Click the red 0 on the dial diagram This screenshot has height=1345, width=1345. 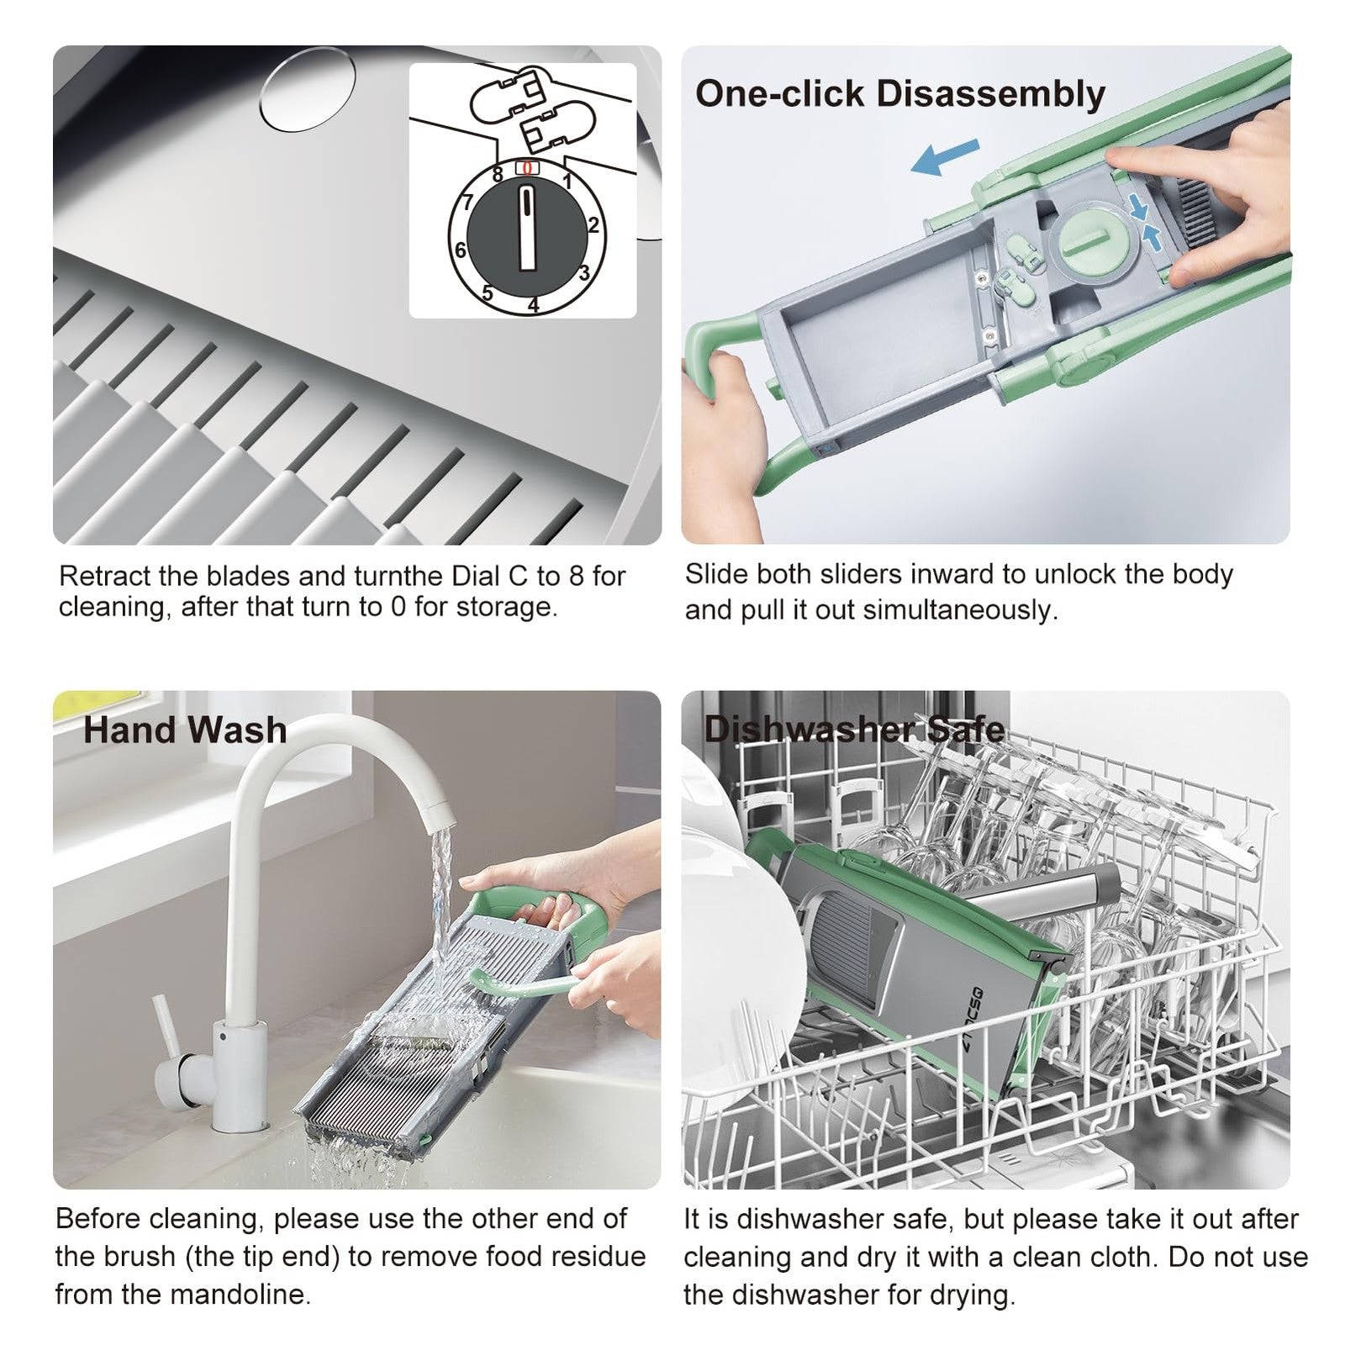click(527, 168)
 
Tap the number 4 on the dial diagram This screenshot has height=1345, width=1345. click(533, 305)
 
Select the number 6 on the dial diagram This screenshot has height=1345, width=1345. click(461, 250)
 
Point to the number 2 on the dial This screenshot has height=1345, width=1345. click(593, 225)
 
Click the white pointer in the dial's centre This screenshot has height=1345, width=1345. click(527, 228)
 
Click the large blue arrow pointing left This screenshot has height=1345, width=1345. click(946, 156)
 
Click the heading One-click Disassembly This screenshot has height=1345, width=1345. click(900, 94)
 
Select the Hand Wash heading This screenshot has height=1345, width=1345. click(185, 730)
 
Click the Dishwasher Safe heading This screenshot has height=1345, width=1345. click(854, 730)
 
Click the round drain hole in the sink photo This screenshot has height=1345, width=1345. click(308, 90)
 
